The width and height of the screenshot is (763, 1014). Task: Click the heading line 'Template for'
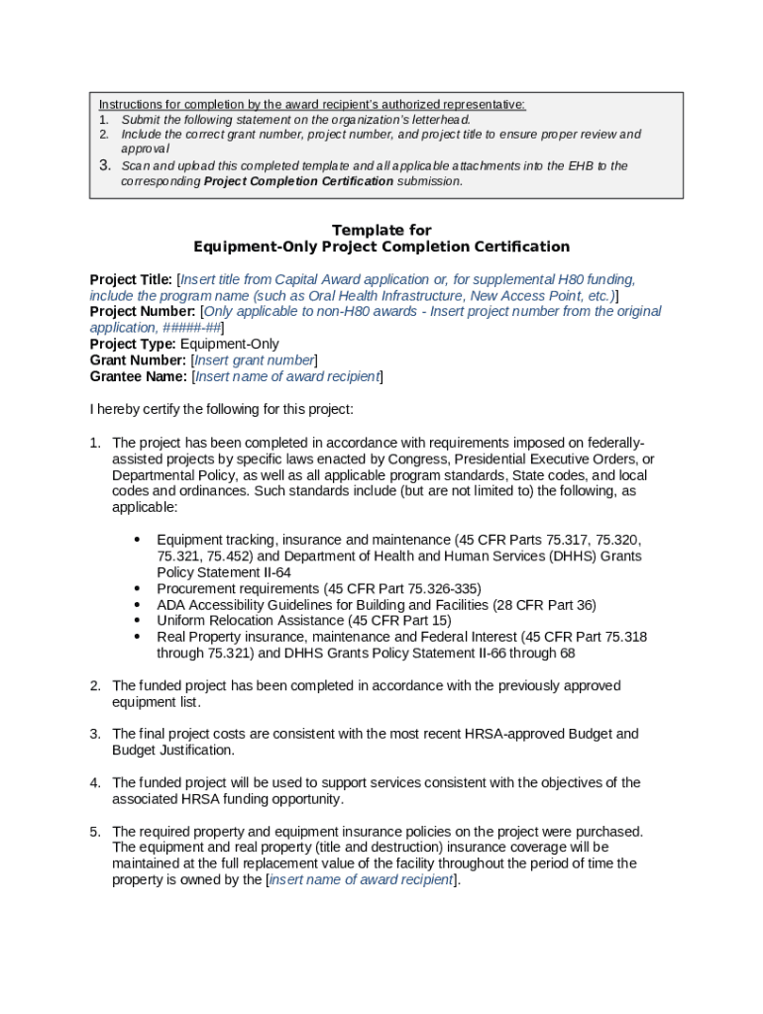point(381,230)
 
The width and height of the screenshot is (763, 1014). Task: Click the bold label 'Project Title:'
point(132,279)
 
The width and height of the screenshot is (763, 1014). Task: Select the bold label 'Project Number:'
point(143,311)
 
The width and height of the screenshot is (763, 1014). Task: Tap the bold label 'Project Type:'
point(133,344)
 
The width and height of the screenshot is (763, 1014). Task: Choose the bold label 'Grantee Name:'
point(138,376)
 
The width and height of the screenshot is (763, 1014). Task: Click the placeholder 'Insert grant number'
point(254,360)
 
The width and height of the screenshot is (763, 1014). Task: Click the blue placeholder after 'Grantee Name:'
point(287,376)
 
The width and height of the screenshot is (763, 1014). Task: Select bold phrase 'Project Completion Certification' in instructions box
point(298,181)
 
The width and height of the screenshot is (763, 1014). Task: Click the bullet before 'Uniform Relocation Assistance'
point(136,621)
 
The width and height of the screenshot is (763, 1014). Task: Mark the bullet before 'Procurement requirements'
point(136,588)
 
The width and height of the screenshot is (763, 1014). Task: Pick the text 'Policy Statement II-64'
point(224,572)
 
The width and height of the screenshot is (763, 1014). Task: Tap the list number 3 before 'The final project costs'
point(95,734)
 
